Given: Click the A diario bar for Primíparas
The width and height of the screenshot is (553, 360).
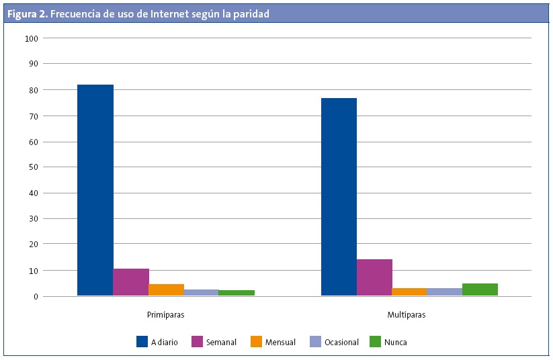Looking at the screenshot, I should pyautogui.click(x=95, y=190).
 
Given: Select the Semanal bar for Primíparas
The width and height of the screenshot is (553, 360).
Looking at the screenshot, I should pyautogui.click(x=131, y=282).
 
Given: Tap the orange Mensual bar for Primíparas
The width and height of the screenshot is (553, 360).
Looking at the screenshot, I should pyautogui.click(x=166, y=290).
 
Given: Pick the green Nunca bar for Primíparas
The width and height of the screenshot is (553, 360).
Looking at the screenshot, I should pyautogui.click(x=237, y=293).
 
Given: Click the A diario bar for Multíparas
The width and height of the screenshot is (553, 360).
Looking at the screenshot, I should pyautogui.click(x=339, y=197).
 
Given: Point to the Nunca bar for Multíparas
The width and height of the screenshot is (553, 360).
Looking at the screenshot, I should pyautogui.click(x=480, y=289).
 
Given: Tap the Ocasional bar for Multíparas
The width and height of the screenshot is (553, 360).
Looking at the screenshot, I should pyautogui.click(x=444, y=292).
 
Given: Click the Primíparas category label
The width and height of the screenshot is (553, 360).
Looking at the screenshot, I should pyautogui.click(x=165, y=314).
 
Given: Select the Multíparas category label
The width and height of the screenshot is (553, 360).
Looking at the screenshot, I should pyautogui.click(x=407, y=314).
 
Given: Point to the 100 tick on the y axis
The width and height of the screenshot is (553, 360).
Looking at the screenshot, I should pyautogui.click(x=31, y=38).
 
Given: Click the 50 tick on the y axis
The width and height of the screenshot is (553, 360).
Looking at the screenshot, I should pyautogui.click(x=33, y=167).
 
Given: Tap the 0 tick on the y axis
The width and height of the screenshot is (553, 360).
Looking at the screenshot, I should pyautogui.click(x=36, y=296).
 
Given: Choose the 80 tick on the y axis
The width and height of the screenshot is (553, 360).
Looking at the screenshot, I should pyautogui.click(x=33, y=90).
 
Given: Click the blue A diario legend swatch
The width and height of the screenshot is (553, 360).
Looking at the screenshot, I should pyautogui.click(x=142, y=342).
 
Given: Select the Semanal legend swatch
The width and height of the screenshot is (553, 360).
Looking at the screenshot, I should pyautogui.click(x=197, y=342).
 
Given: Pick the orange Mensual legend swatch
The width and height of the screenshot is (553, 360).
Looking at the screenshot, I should pyautogui.click(x=256, y=342).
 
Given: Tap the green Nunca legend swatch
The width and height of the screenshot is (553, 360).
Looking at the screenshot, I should pyautogui.click(x=374, y=342).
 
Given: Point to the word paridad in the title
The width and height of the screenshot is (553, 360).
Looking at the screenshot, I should pyautogui.click(x=250, y=13).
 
